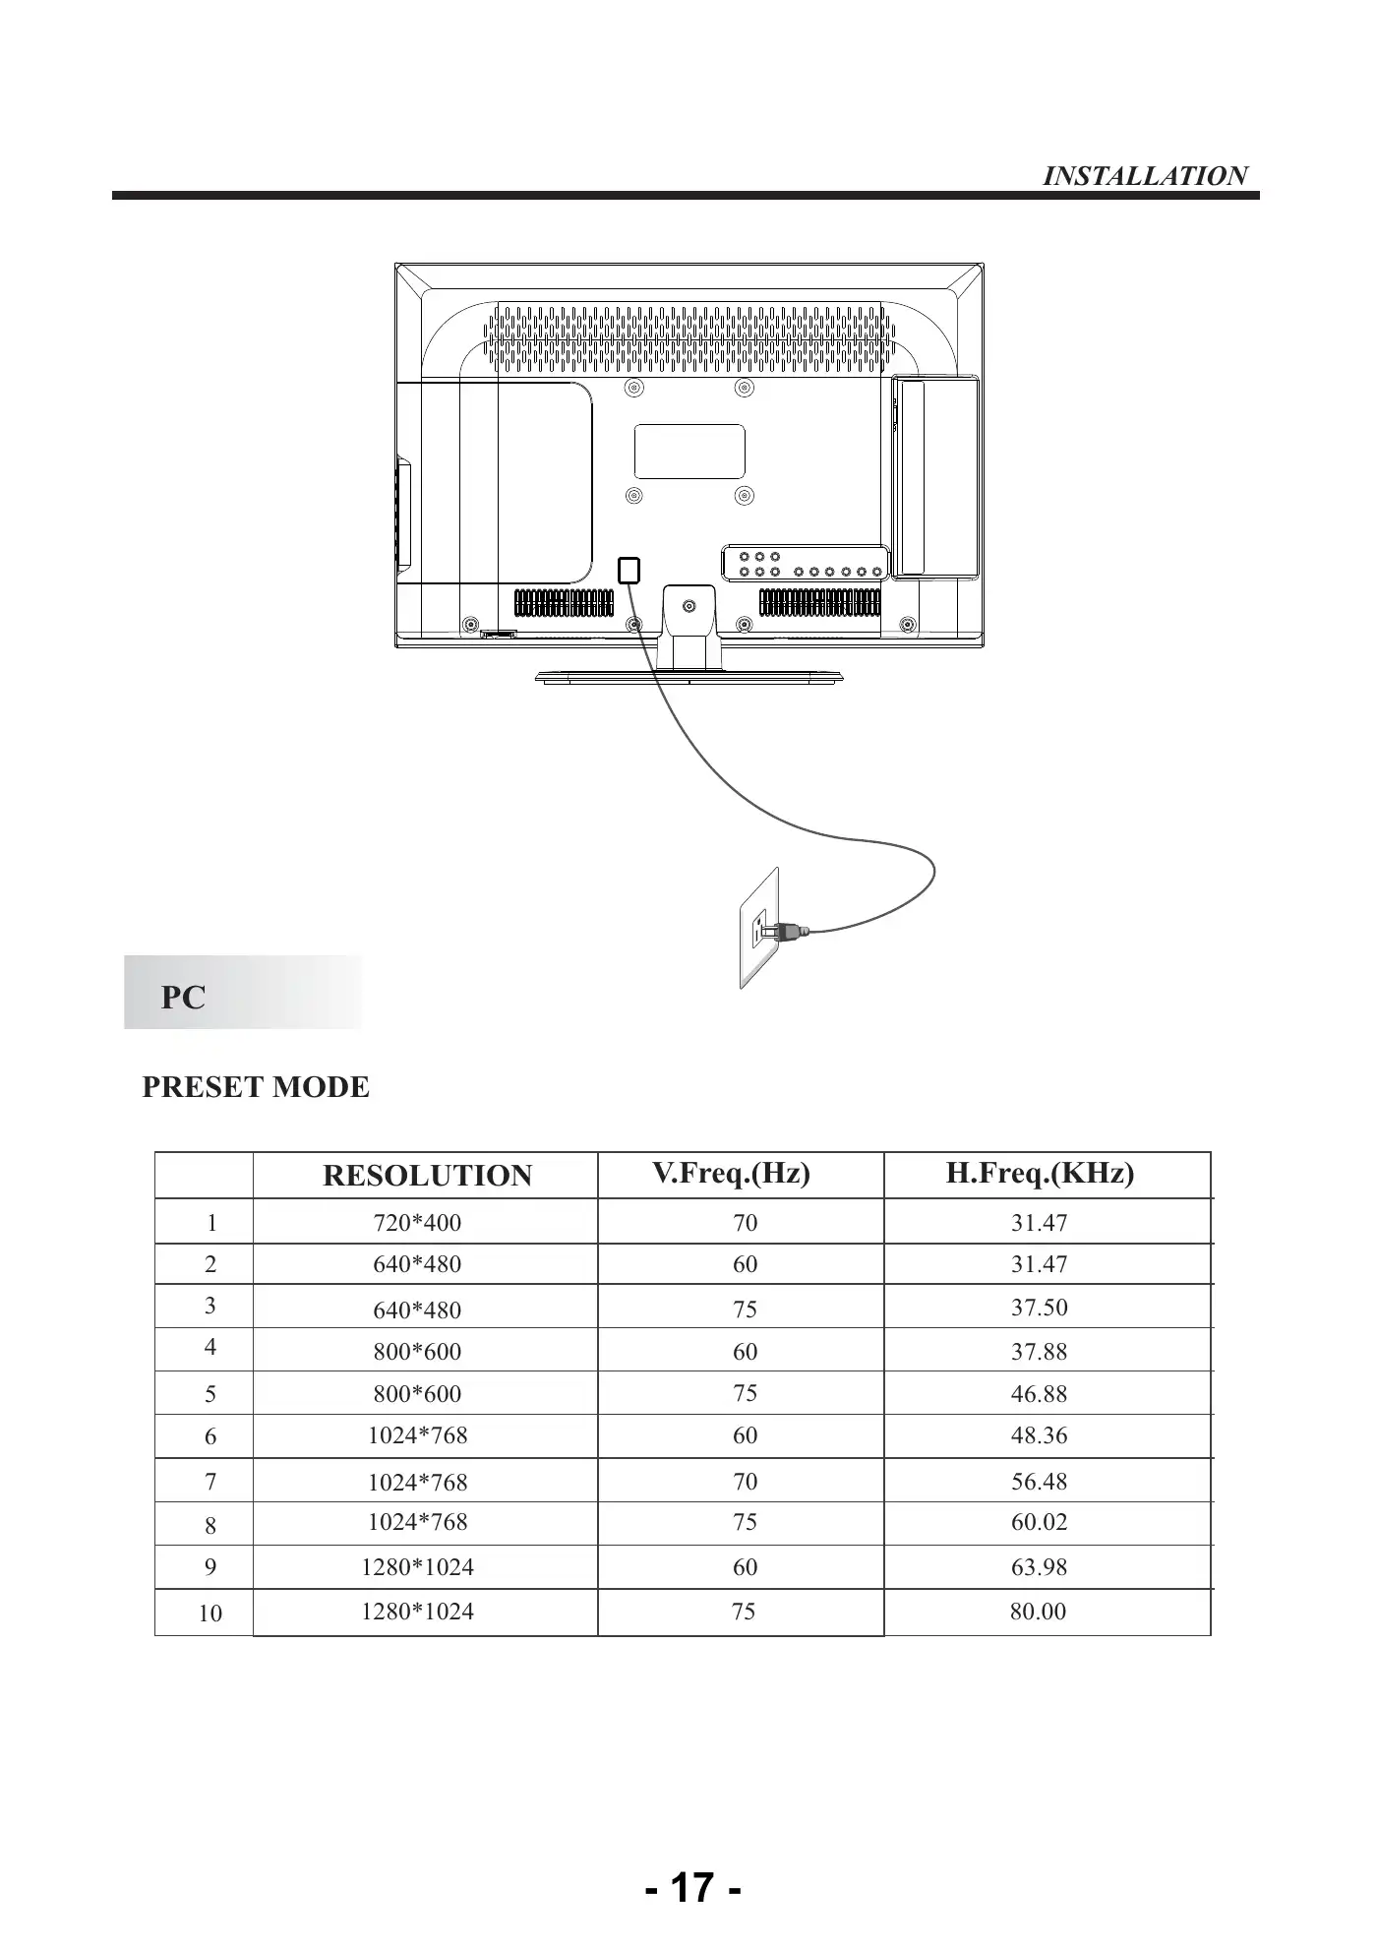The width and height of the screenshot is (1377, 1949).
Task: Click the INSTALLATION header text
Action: tap(1144, 176)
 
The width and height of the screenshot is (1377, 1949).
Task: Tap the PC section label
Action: tap(183, 997)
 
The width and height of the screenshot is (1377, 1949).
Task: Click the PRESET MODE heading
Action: tap(256, 1087)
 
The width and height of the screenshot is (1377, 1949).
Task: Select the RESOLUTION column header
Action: tap(427, 1176)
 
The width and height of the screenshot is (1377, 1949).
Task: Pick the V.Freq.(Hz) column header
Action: tap(731, 1173)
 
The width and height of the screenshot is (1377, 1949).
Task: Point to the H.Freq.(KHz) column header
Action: tap(1040, 1173)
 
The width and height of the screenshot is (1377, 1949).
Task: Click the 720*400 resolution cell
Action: tap(417, 1223)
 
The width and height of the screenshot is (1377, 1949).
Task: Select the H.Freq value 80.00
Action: tap(1038, 1612)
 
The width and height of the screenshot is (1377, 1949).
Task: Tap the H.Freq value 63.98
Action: tap(1039, 1567)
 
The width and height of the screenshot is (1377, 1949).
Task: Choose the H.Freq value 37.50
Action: tap(1039, 1308)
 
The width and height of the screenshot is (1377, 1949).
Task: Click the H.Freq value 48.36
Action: tap(1039, 1435)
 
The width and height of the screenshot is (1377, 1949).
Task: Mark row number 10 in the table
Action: tap(210, 1614)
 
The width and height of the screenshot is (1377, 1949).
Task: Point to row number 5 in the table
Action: tap(210, 1394)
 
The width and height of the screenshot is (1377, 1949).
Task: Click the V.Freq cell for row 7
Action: tap(745, 1482)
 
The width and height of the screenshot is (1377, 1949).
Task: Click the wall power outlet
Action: tap(758, 928)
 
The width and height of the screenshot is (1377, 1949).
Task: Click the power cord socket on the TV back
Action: tap(629, 570)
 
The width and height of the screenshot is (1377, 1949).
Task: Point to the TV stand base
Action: tap(688, 677)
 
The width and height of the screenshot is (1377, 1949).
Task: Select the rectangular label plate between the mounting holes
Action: tap(689, 452)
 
